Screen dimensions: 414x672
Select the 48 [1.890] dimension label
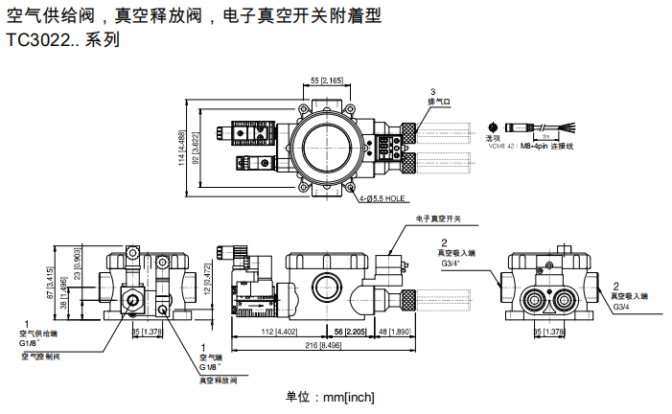tap(395, 333)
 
